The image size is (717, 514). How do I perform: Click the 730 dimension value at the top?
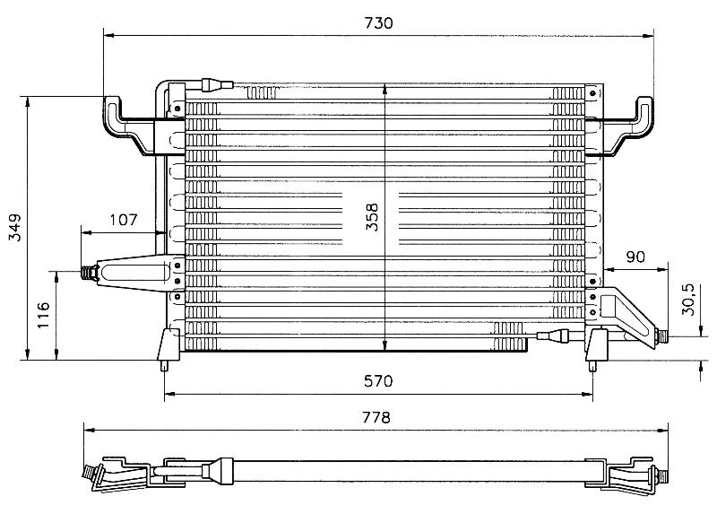378,23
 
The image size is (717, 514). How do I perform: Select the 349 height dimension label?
15,228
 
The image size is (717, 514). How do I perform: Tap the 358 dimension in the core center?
372,217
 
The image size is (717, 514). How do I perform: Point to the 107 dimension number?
124,220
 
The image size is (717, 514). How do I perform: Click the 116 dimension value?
43,315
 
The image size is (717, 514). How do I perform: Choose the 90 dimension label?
635,257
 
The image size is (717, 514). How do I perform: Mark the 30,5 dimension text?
687,300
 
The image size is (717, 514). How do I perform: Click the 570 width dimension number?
378,381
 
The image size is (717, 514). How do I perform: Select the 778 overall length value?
376,417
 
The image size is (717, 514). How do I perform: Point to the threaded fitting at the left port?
89,273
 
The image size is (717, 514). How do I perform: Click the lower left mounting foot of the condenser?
168,349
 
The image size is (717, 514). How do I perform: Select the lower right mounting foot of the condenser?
596,349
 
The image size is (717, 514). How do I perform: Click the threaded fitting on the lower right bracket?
661,337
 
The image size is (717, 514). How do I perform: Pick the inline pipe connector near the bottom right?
553,336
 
